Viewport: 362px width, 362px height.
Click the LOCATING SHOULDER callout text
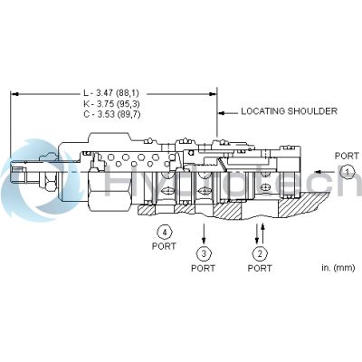tap(288, 111)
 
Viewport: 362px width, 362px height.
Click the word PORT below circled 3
tap(204, 269)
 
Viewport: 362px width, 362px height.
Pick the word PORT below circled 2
tap(260, 269)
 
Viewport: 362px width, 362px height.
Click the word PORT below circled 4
tap(164, 244)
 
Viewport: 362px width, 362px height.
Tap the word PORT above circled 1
tap(346, 155)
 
